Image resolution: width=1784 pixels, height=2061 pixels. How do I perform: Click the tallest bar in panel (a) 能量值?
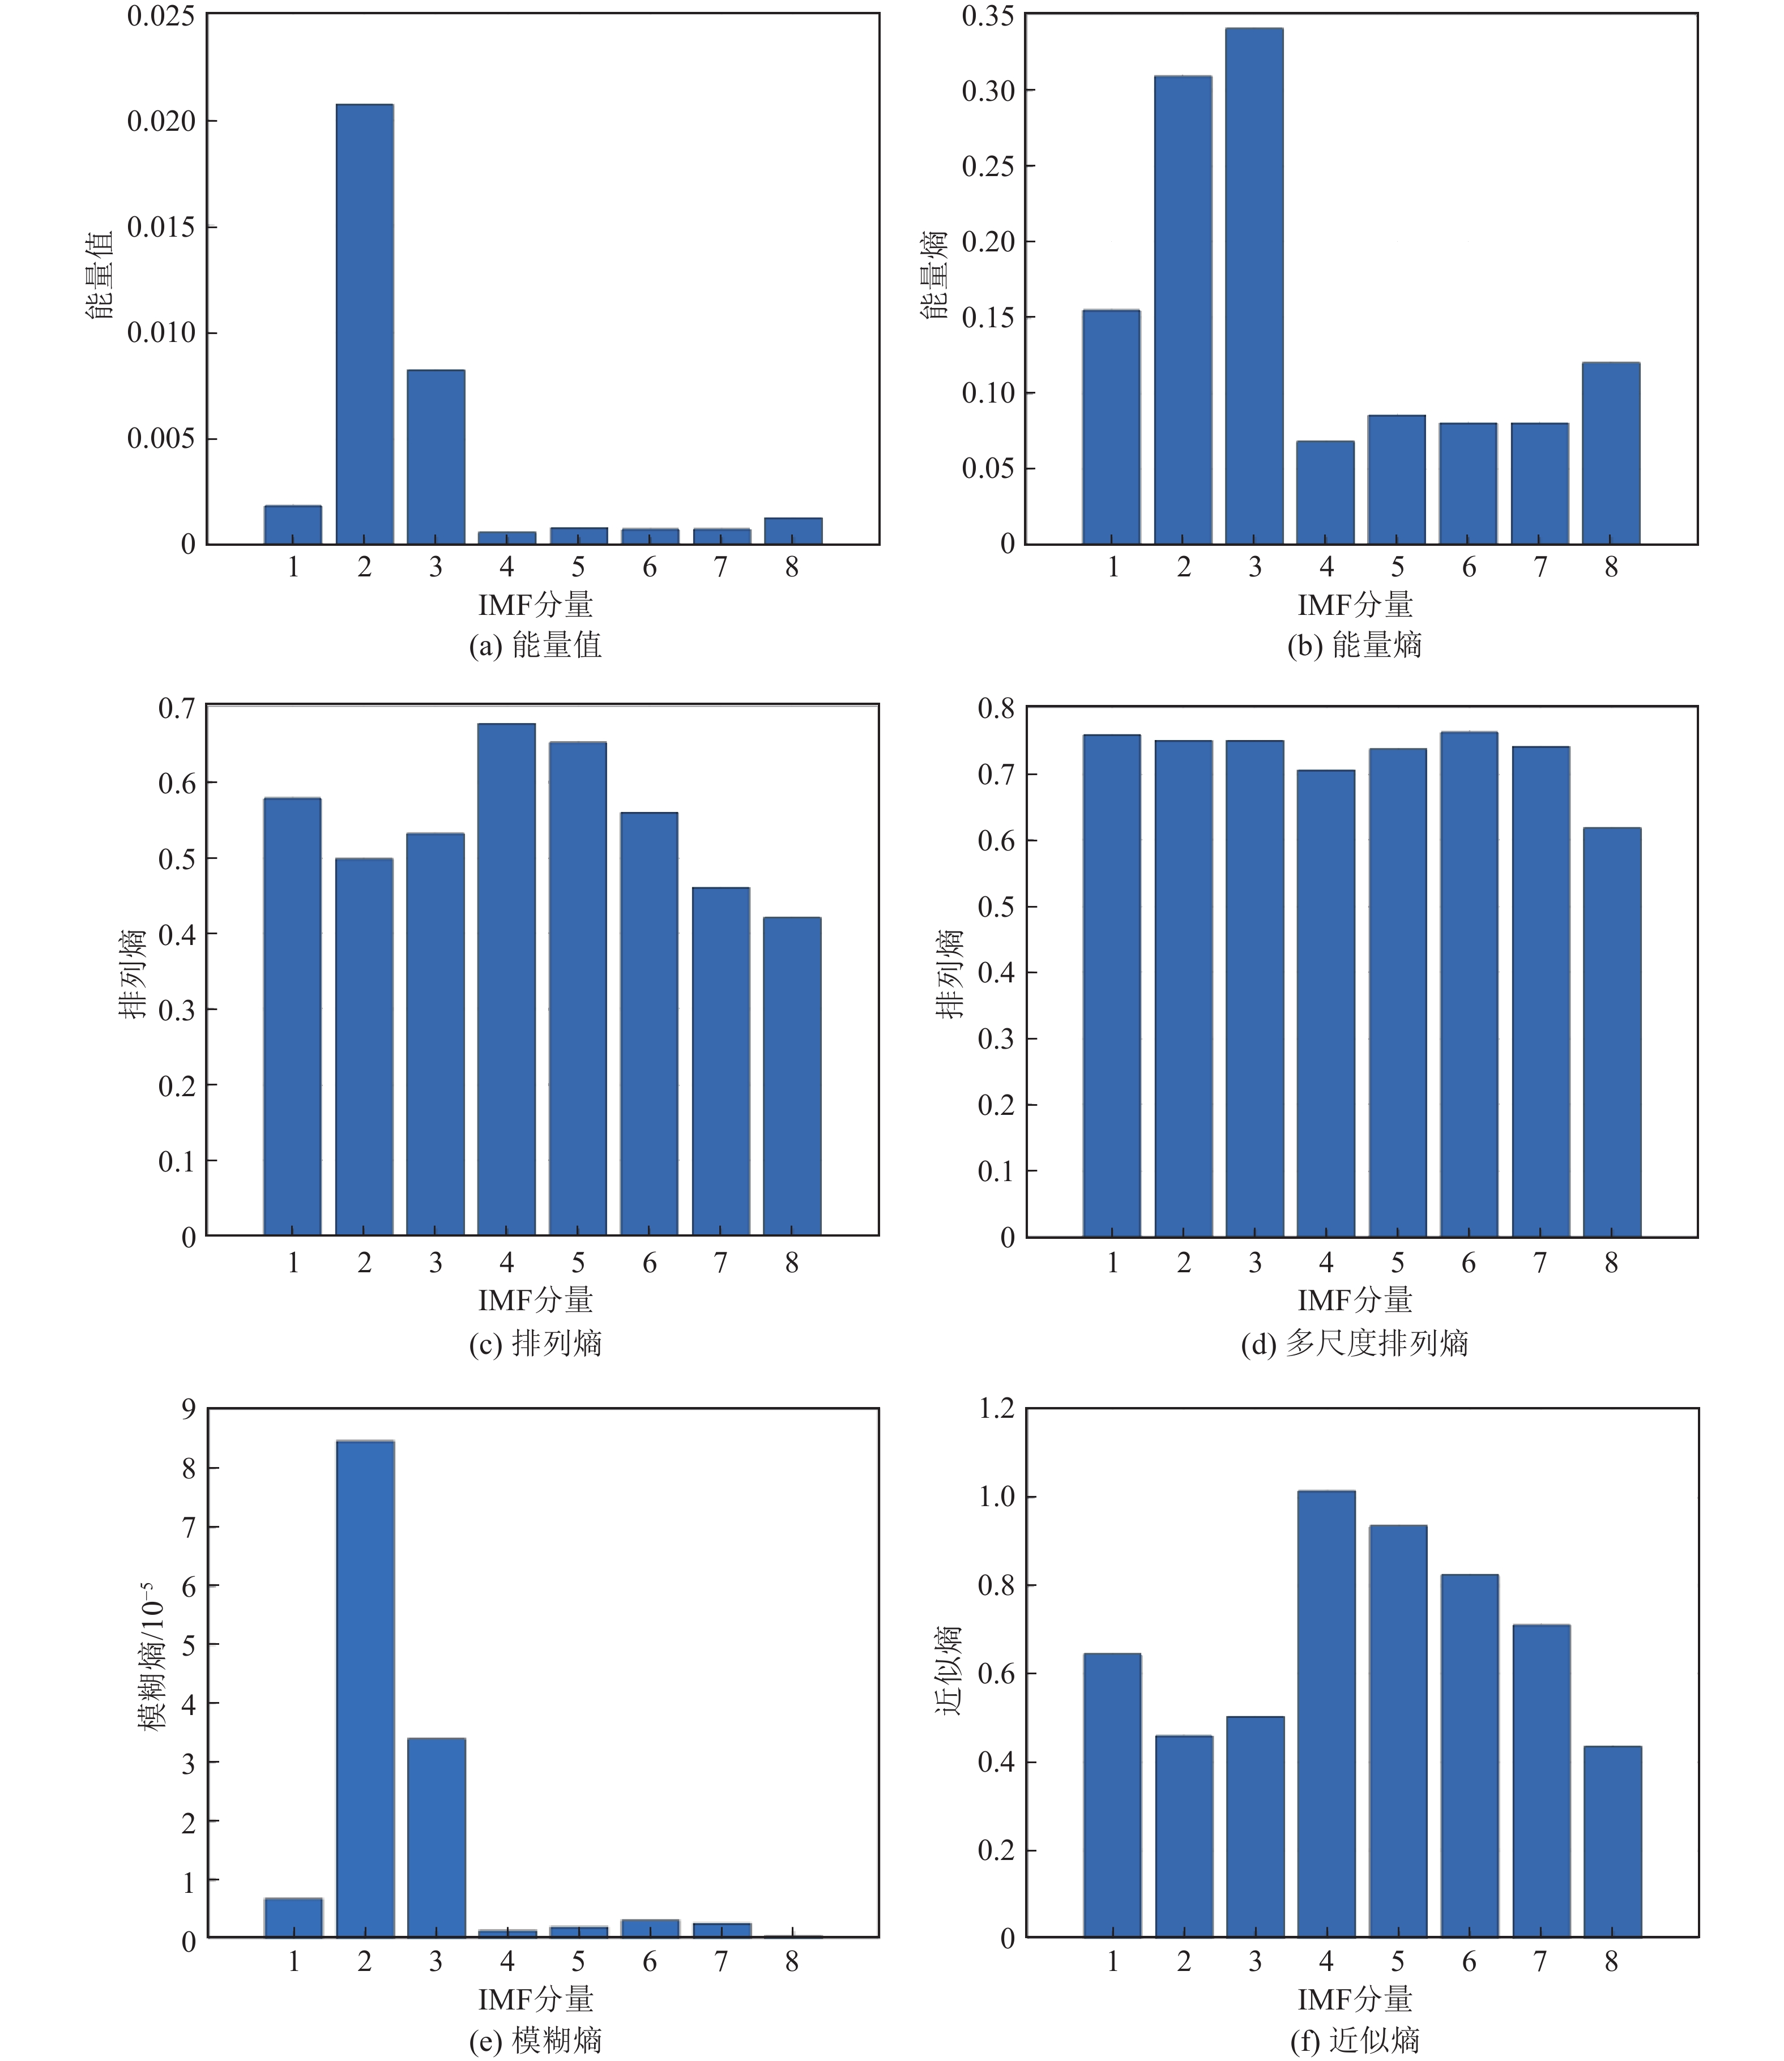point(364,323)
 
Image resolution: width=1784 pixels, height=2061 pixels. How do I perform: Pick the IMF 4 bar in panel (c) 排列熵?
point(507,980)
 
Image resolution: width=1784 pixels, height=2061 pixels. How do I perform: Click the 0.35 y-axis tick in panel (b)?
point(988,16)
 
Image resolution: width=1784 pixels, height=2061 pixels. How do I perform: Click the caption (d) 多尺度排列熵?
point(1354,1344)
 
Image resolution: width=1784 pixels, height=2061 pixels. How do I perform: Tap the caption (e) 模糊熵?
point(536,2041)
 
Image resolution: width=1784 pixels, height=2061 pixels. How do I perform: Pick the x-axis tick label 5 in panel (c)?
point(578,1263)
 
